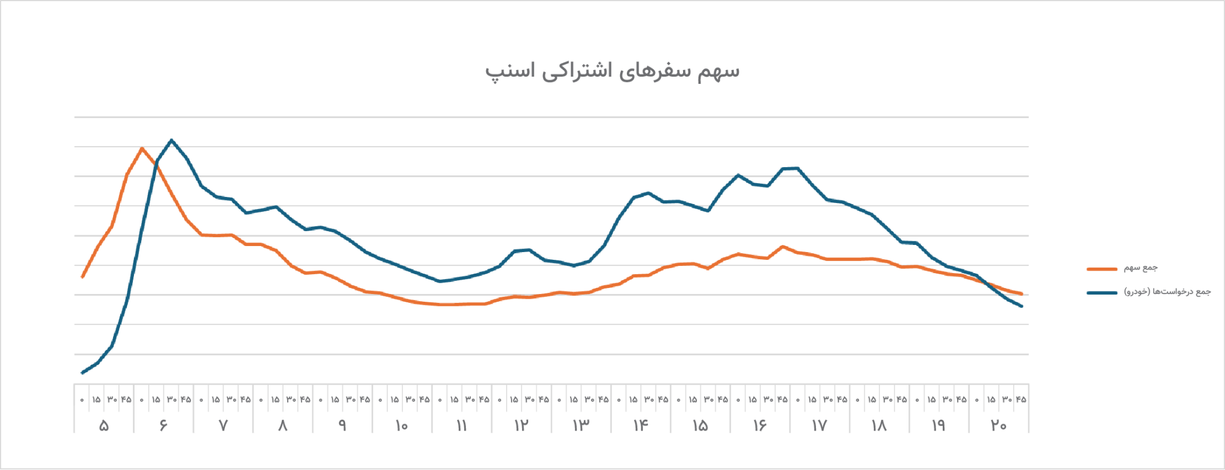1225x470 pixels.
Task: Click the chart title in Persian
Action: pyautogui.click(x=612, y=71)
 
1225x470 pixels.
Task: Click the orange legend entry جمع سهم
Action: pyautogui.click(x=1140, y=268)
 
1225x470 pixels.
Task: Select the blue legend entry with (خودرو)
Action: pyautogui.click(x=1167, y=292)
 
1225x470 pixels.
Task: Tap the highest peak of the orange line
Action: pyautogui.click(x=142, y=148)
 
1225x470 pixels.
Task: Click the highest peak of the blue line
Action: pyautogui.click(x=172, y=140)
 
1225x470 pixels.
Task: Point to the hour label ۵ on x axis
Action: pyautogui.click(x=103, y=426)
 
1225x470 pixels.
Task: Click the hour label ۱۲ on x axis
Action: pyautogui.click(x=521, y=426)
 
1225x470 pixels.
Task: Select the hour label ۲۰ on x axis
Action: pyautogui.click(x=998, y=426)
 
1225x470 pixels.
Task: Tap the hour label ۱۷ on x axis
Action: pyautogui.click(x=819, y=426)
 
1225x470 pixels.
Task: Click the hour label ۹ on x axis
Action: pyautogui.click(x=342, y=426)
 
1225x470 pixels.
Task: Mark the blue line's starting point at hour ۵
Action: pyautogui.click(x=82, y=373)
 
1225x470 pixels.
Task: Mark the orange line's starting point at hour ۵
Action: pyautogui.click(x=82, y=277)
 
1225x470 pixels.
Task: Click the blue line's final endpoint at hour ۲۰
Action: pyautogui.click(x=1022, y=307)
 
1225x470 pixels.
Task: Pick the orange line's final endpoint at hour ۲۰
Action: pyautogui.click(x=1022, y=294)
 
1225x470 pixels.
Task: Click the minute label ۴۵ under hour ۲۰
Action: pyautogui.click(x=1020, y=399)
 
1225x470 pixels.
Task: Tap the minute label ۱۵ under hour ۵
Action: pyautogui.click(x=96, y=399)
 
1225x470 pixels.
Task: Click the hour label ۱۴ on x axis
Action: pyautogui.click(x=640, y=426)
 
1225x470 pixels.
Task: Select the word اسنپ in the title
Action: pyautogui.click(x=502, y=71)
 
